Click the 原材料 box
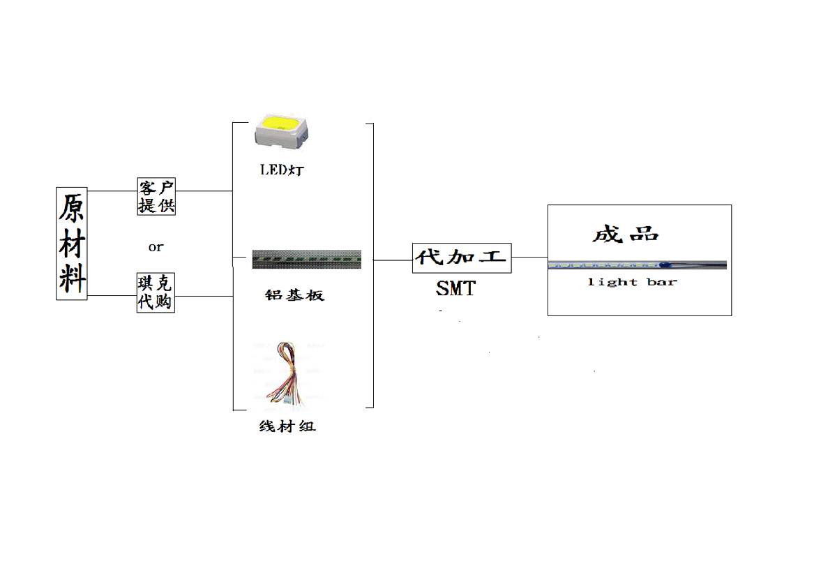click(x=71, y=243)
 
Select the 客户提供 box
click(x=156, y=196)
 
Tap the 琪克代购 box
click(x=156, y=292)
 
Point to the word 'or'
click(x=156, y=246)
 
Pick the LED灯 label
click(x=282, y=170)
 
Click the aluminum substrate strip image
click(x=306, y=259)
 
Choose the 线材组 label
click(x=287, y=426)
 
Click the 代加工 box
click(x=462, y=258)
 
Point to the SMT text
click(x=456, y=288)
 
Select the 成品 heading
click(x=626, y=234)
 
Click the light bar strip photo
click(x=637, y=265)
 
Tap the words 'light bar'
click(x=632, y=282)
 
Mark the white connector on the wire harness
click(x=287, y=401)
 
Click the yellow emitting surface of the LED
click(x=279, y=125)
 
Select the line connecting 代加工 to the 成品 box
click(x=529, y=257)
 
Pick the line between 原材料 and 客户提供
click(x=112, y=191)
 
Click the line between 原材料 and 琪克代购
click(x=112, y=296)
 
